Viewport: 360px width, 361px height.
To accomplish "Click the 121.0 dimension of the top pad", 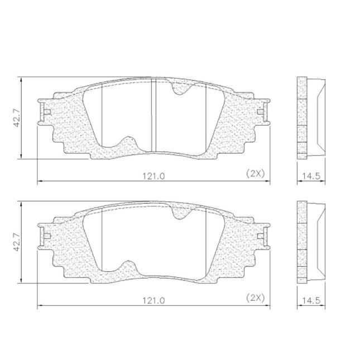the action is (153, 176).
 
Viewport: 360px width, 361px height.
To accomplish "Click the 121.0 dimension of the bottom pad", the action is (153, 301).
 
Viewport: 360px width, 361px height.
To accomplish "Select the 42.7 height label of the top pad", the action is (17, 118).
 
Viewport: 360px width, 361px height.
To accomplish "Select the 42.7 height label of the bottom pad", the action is (17, 242).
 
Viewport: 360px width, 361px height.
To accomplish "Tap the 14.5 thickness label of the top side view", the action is (311, 176).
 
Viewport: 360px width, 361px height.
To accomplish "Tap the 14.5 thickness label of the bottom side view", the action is (311, 300).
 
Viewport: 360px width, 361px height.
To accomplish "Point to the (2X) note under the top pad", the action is (256, 174).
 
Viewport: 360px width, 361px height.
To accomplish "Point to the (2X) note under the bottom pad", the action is (256, 298).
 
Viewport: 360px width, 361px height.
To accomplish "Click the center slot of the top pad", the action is (153, 115).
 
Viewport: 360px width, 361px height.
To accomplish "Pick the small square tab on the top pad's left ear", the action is (47, 112).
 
